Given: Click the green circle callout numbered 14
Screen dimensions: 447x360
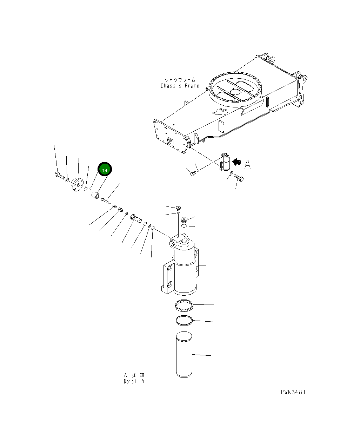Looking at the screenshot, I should click(104, 170).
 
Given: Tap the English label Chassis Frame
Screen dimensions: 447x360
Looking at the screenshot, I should click(180, 86).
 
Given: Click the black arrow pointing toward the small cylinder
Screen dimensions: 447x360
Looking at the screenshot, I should click(238, 162).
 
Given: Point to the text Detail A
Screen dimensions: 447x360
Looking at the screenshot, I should click(134, 381).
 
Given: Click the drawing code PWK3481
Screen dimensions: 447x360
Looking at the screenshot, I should click(293, 392).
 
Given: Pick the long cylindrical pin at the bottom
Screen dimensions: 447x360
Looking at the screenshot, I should click(184, 355).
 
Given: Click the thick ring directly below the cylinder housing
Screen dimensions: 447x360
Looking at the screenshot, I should click(184, 306).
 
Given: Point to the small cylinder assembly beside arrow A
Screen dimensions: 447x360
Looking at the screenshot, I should click(225, 163).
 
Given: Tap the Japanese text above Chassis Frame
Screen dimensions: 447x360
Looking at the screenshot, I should click(180, 80).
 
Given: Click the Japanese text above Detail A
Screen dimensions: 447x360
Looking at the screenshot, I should click(134, 375).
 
